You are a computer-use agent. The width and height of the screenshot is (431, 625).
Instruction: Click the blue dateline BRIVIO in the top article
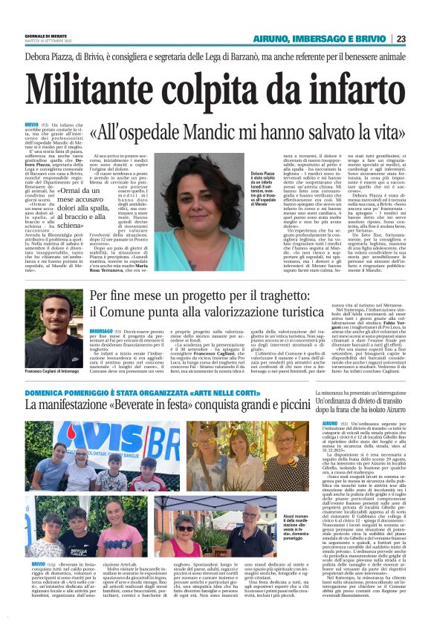(31, 124)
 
